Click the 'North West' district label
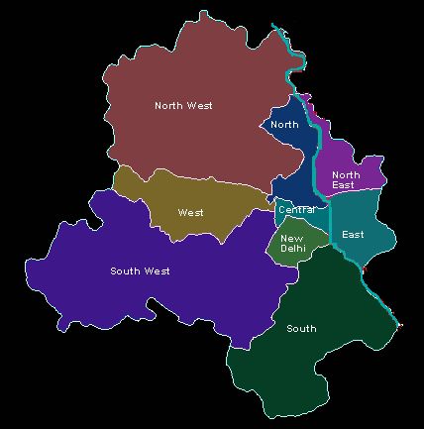[x=184, y=105]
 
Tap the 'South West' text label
[x=140, y=270]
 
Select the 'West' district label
[x=190, y=212]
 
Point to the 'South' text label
[x=300, y=328]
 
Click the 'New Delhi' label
[x=291, y=243]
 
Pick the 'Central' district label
[x=297, y=210]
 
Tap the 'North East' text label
[x=344, y=179]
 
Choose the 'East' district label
[x=352, y=235]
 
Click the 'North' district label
[x=284, y=125]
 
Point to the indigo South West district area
[x=149, y=297]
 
